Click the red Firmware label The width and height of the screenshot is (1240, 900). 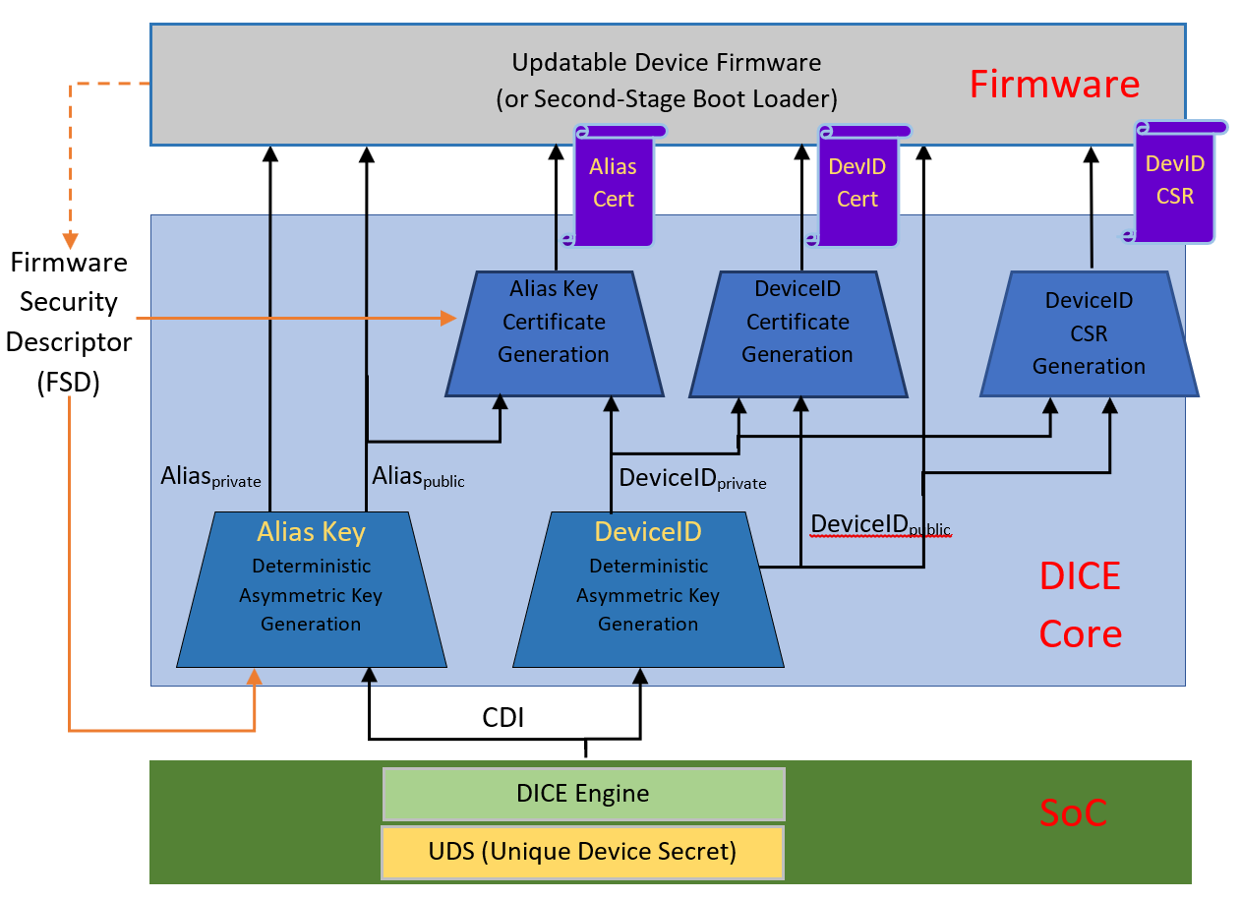click(x=1054, y=85)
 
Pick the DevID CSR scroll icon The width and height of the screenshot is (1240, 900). click(x=1174, y=182)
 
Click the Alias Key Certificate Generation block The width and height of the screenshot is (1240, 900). click(x=553, y=333)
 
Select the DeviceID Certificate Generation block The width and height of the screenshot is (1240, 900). click(x=797, y=333)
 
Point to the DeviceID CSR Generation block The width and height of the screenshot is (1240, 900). click(x=1089, y=334)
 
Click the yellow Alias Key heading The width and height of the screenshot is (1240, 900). click(x=311, y=532)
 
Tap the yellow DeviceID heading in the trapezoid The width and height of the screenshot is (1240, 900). click(x=647, y=532)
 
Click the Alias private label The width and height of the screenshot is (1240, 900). click(x=210, y=477)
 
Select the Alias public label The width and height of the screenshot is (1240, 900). click(x=418, y=477)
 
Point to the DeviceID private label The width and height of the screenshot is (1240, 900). click(x=691, y=479)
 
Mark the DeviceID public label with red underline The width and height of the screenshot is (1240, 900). click(x=880, y=525)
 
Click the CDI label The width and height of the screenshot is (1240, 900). click(x=502, y=718)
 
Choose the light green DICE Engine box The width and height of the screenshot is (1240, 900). click(x=583, y=794)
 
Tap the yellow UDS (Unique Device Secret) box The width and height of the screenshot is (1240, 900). click(x=582, y=851)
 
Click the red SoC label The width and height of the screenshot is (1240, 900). click(x=1073, y=813)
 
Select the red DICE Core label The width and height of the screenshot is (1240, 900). click(x=1080, y=605)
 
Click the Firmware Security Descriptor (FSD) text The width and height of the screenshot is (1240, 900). click(x=69, y=322)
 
